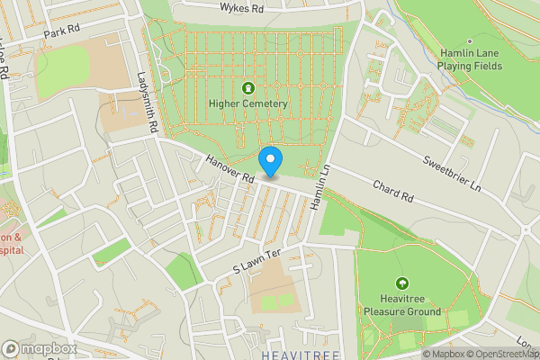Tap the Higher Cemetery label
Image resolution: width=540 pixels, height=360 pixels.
(x=248, y=104)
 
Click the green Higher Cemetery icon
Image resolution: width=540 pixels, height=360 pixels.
(x=248, y=87)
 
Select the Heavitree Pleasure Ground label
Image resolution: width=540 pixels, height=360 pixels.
(x=401, y=305)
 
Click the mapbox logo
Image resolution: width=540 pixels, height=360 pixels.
(x=39, y=348)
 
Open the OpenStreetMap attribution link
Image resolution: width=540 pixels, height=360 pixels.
(x=499, y=354)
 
